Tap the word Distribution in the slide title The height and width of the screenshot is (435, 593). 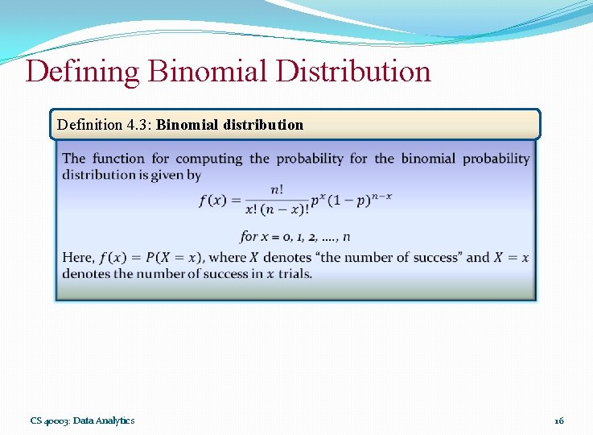[x=353, y=72]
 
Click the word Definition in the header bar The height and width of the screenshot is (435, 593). [x=89, y=125]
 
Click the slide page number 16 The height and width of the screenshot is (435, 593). [x=559, y=420]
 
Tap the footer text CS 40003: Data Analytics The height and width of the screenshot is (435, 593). [x=83, y=420]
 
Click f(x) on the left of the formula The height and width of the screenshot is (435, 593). [x=213, y=201]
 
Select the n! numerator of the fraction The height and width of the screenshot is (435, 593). [x=277, y=190]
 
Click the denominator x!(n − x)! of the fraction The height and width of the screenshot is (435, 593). [x=277, y=209]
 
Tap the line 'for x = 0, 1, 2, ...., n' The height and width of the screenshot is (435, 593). [x=294, y=237]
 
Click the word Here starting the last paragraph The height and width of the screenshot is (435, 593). [x=78, y=258]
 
